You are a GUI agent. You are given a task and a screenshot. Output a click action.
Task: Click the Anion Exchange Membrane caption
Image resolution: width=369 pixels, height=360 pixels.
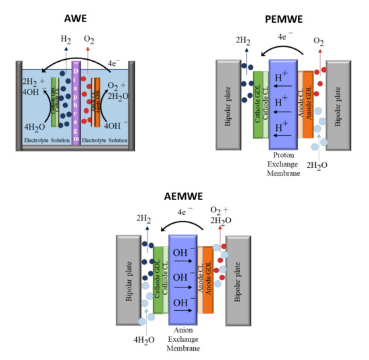[x=184, y=339]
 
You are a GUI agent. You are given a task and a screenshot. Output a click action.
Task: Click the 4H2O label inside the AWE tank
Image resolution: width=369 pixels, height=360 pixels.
[x=34, y=126]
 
